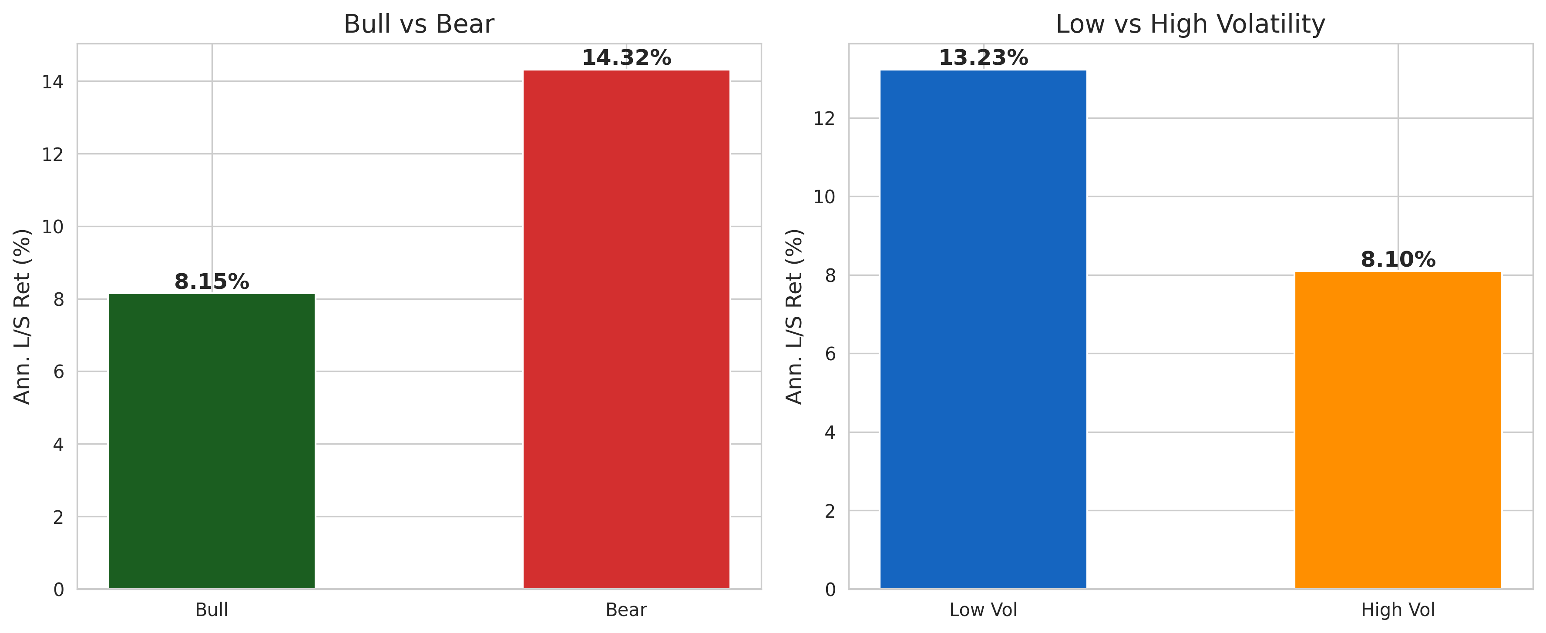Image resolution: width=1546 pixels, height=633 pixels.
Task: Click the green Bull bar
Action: pyautogui.click(x=211, y=441)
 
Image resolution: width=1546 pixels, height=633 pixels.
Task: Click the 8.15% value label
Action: pyautogui.click(x=211, y=281)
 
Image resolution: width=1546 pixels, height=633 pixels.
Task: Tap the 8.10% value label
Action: pyautogui.click(x=1397, y=260)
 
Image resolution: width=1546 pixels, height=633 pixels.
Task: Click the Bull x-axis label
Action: pyautogui.click(x=211, y=610)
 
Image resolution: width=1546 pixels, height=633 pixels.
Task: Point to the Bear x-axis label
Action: pyautogui.click(x=626, y=610)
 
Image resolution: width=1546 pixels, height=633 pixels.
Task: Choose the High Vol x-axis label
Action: pyautogui.click(x=1397, y=610)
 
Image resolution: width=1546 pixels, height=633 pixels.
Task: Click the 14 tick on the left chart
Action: pyautogui.click(x=52, y=82)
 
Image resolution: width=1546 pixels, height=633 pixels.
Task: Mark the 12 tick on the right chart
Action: pyautogui.click(x=823, y=119)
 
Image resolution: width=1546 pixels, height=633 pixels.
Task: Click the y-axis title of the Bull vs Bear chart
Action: pyautogui.click(x=22, y=316)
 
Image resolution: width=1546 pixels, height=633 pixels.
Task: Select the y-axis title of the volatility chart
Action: pyautogui.click(x=793, y=316)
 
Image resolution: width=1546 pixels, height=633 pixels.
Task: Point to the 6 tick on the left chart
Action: pyautogui.click(x=58, y=372)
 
